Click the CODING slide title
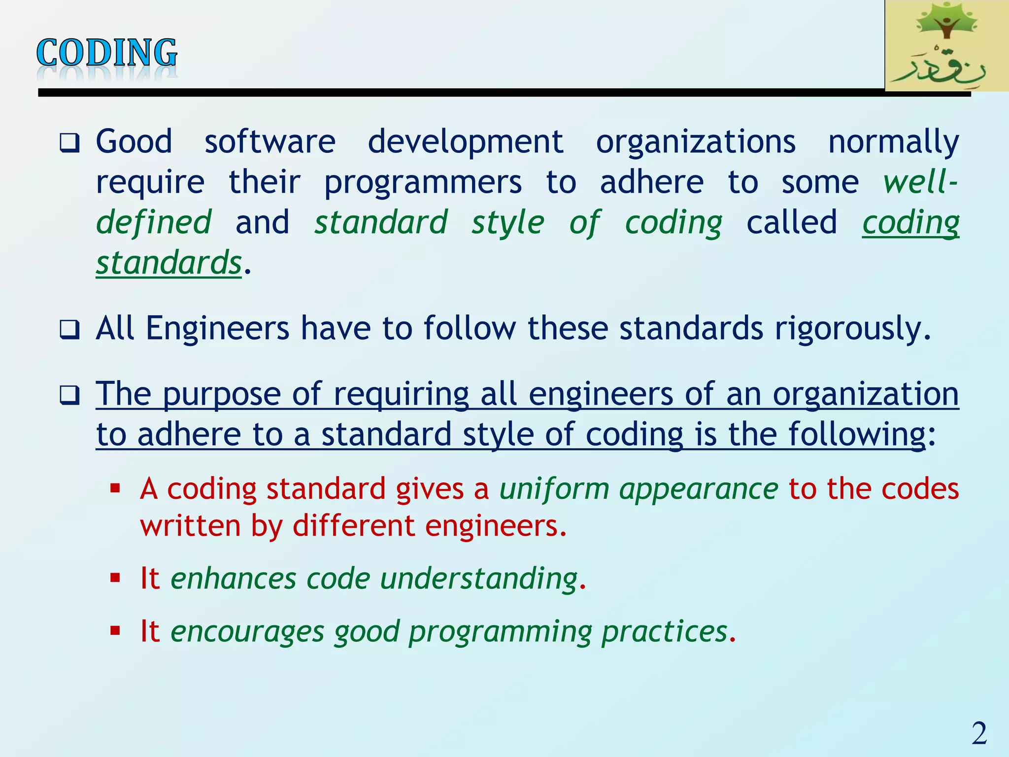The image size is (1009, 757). (106, 53)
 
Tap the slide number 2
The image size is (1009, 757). (979, 733)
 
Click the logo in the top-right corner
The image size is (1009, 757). (946, 45)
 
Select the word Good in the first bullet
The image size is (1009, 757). (134, 142)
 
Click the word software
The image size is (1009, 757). (270, 142)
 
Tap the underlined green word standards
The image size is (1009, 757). (168, 263)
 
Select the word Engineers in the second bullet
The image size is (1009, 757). (217, 329)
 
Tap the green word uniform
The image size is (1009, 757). (554, 489)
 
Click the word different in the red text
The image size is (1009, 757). (353, 526)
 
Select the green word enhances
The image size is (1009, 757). (233, 579)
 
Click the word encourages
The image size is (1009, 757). (247, 632)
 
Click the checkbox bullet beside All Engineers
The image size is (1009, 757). (69, 330)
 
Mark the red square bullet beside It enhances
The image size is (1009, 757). (115, 578)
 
